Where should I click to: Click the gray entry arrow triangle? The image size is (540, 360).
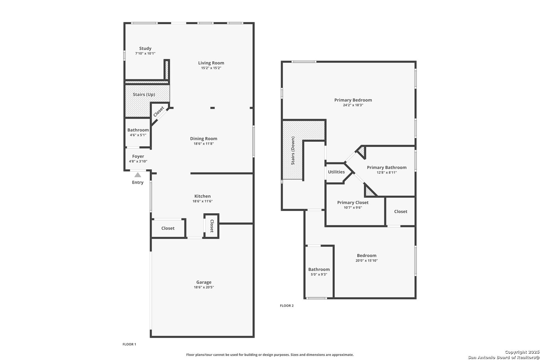[x=138, y=175]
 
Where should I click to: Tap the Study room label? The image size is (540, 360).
[x=145, y=48]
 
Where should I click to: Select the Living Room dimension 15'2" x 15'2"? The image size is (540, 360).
[x=211, y=68]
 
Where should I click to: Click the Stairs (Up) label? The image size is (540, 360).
[x=144, y=95]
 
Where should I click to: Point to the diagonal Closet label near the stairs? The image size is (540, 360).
[x=159, y=112]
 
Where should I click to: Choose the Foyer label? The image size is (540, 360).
[x=138, y=156]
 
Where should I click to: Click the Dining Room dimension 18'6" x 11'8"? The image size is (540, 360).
[x=204, y=144]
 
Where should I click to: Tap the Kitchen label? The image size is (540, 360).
[x=203, y=196]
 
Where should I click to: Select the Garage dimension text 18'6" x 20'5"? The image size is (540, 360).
[x=204, y=287]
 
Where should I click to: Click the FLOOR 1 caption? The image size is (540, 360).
[x=129, y=344]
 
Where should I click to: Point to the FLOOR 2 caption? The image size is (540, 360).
[x=287, y=306]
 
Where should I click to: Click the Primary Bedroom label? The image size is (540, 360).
[x=353, y=100]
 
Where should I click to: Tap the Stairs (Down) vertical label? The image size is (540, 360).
[x=293, y=151]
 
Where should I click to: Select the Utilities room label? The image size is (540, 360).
[x=336, y=172]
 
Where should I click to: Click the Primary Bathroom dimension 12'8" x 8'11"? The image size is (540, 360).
[x=387, y=173]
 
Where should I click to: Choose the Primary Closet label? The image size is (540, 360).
[x=353, y=203]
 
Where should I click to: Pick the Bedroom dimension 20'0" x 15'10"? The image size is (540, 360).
[x=366, y=261]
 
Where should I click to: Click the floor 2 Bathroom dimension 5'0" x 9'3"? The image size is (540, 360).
[x=319, y=275]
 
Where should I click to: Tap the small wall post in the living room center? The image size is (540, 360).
[x=212, y=108]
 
